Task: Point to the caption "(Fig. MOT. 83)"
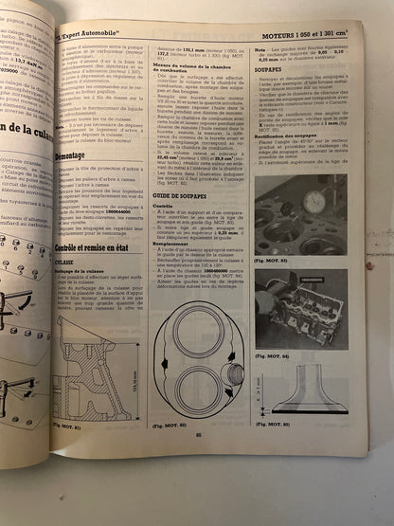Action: point(275,258)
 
